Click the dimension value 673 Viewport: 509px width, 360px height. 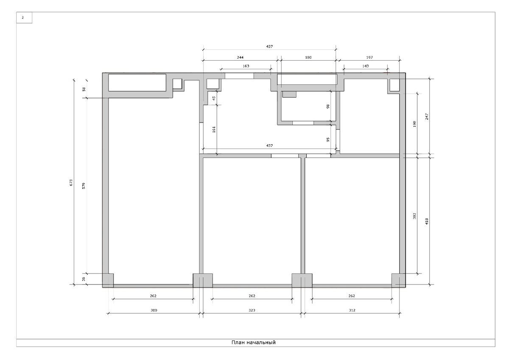pos(71,183)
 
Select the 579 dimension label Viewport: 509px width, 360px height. pos(84,186)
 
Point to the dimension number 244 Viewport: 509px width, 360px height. pos(240,58)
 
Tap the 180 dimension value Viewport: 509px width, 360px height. pos(308,58)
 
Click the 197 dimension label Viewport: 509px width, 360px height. pos(369,58)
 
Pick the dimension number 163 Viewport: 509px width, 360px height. pos(246,66)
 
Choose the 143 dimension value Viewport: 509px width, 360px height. pos(365,66)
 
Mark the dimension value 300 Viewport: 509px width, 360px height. pos(154,310)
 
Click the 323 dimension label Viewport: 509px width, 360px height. pos(252,310)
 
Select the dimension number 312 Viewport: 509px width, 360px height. pos(352,310)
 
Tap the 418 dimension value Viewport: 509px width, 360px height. pos(427,221)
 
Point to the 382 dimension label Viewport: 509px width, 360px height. pos(414,216)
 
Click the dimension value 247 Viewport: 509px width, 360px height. pos(427,117)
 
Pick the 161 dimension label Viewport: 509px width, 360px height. pos(214,129)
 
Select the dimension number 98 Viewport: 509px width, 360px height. pos(327,107)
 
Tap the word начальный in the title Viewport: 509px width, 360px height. pos(261,343)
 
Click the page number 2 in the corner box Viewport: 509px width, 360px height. pos(23,17)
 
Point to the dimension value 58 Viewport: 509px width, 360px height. pos(84,89)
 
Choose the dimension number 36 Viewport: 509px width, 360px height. pos(84,279)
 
